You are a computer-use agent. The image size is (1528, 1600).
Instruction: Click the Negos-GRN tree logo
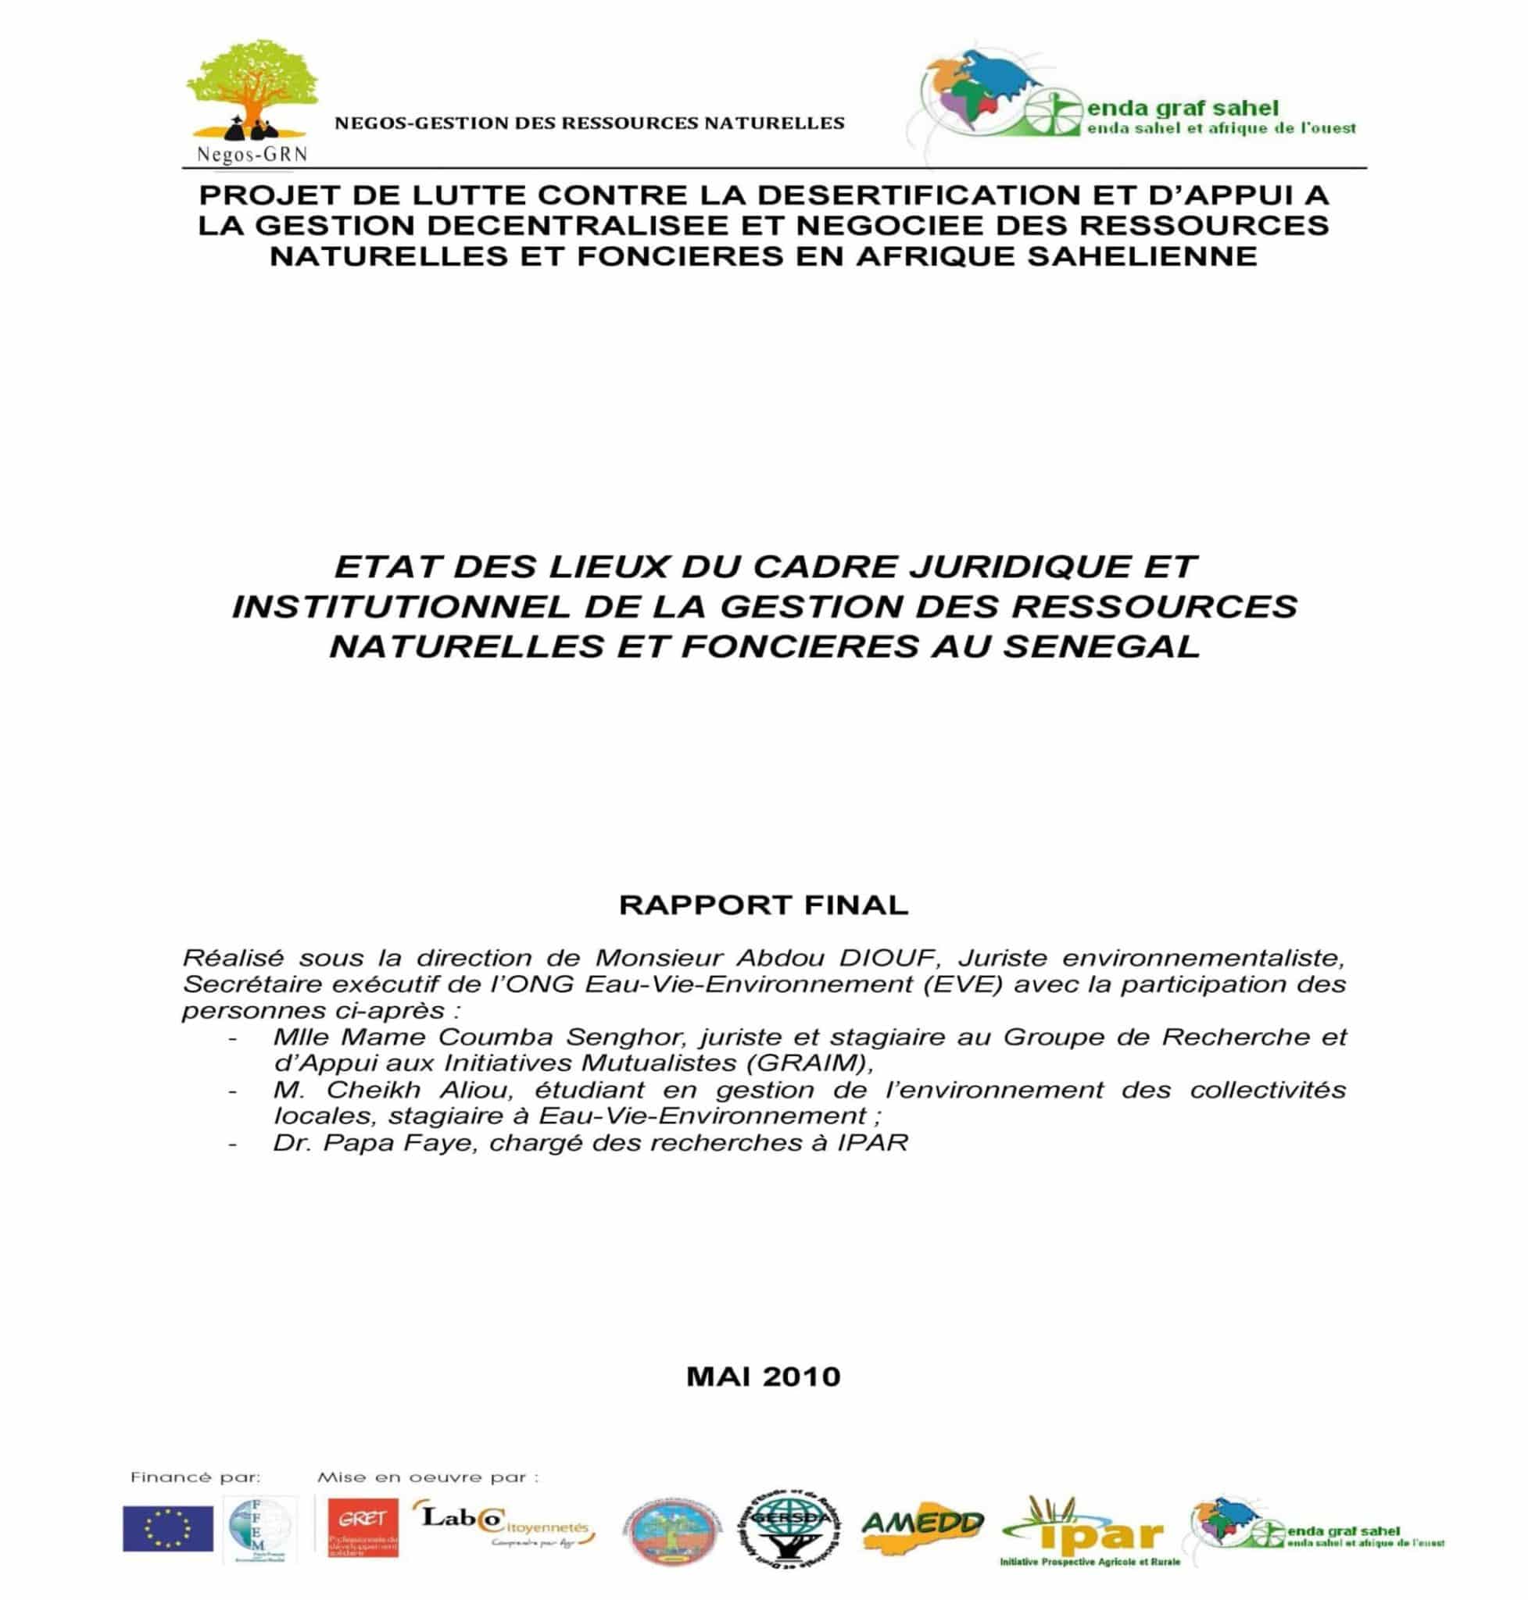[249, 102]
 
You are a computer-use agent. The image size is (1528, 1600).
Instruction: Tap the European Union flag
[168, 1528]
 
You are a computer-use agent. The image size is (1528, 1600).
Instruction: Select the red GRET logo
[363, 1527]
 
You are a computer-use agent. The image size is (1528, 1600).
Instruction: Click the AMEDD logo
[922, 1523]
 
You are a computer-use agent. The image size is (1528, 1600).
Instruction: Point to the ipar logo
[1092, 1531]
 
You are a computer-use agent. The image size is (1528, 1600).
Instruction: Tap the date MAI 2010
[763, 1376]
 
